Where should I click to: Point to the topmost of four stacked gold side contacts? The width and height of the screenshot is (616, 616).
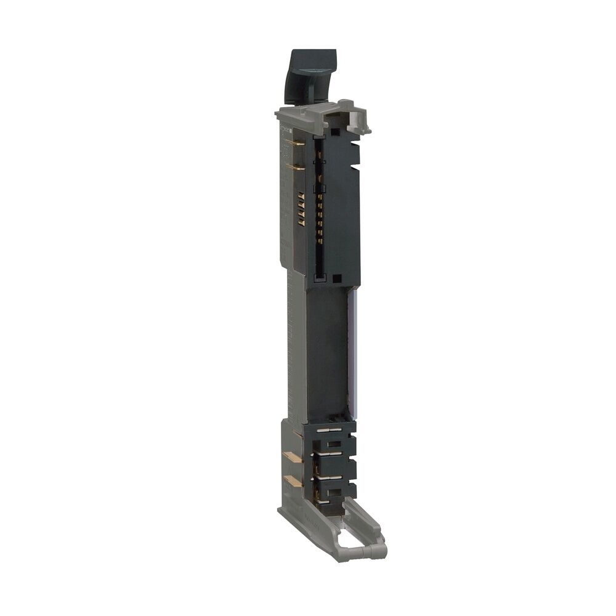click(301, 196)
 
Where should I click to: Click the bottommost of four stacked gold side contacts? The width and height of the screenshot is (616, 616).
click(301, 222)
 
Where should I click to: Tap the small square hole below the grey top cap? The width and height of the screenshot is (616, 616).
click(335, 131)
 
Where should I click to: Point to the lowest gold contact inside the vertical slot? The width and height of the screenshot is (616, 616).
click(320, 241)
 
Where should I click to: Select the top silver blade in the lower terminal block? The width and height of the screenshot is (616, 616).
click(329, 430)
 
